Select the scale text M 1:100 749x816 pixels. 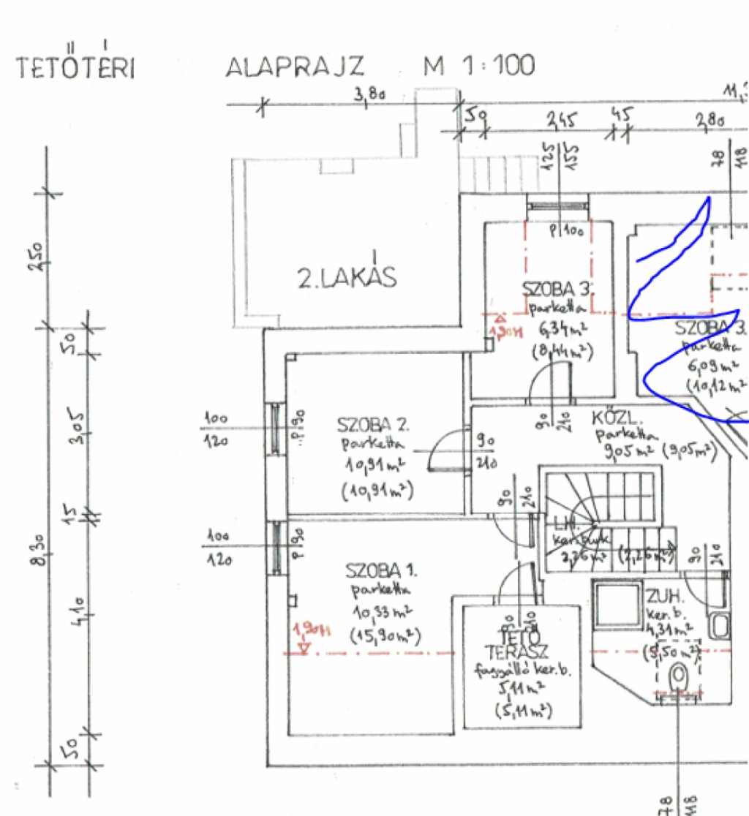(x=479, y=66)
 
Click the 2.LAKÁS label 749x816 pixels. (x=346, y=277)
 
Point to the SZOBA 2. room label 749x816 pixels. (x=373, y=425)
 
